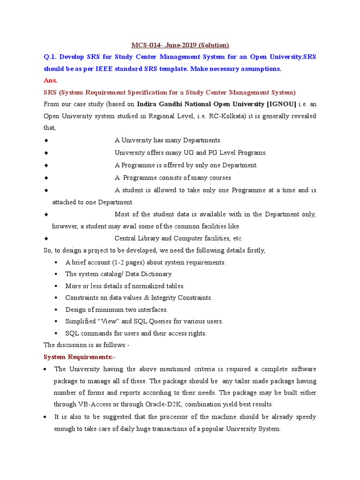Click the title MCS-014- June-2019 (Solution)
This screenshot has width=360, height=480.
point(180,45)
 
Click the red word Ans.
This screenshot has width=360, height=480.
point(51,81)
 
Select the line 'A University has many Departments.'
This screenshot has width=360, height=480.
point(168,140)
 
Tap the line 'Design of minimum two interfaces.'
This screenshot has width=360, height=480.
point(116,309)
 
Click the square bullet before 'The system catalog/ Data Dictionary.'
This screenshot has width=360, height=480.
point(56,274)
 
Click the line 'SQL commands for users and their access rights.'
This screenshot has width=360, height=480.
point(136,333)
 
